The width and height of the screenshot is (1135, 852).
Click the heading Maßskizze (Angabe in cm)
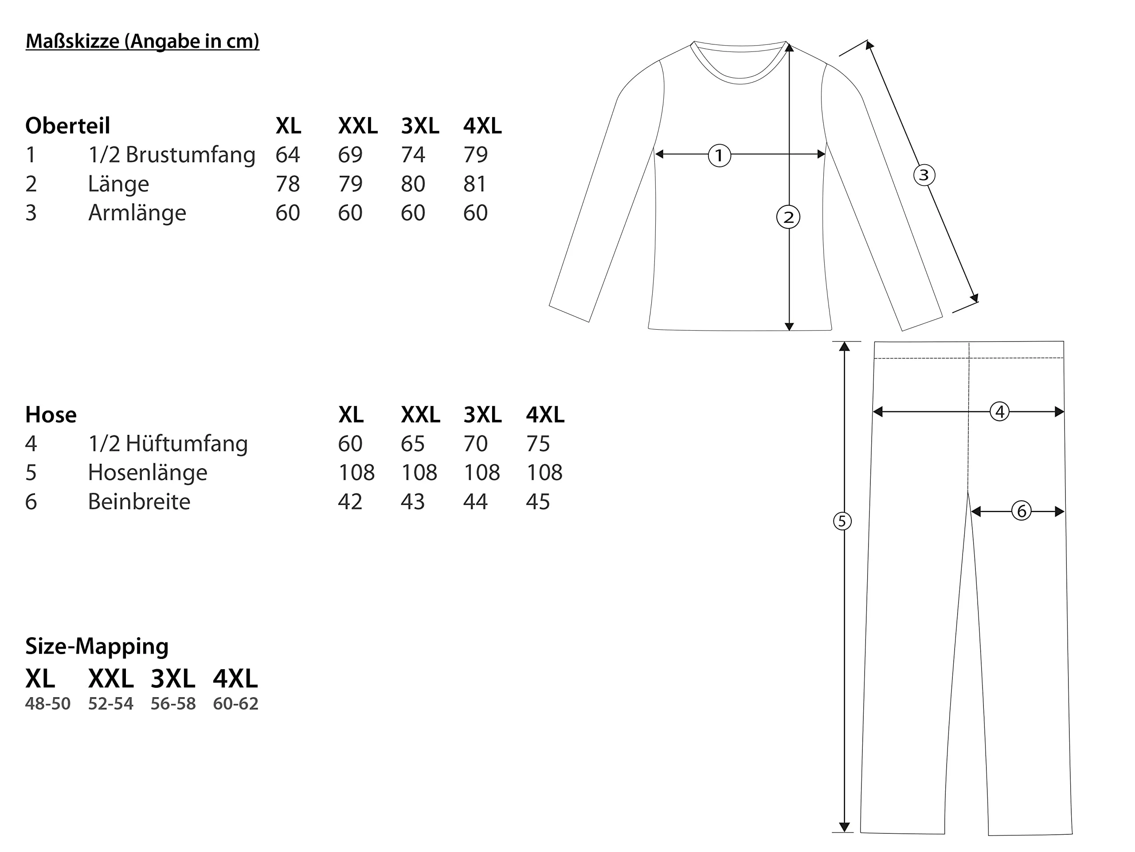pyautogui.click(x=142, y=41)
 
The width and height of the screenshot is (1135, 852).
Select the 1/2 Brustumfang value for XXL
pyautogui.click(x=350, y=154)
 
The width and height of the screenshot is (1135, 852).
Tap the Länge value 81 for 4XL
pyautogui.click(x=475, y=184)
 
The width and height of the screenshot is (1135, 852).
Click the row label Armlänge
pyautogui.click(x=137, y=213)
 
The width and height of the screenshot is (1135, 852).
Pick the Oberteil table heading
pyautogui.click(x=68, y=126)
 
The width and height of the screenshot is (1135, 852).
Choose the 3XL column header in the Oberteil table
pyautogui.click(x=420, y=126)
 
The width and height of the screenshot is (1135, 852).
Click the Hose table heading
pyautogui.click(x=51, y=414)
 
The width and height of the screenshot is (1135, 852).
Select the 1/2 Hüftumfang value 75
pyautogui.click(x=538, y=444)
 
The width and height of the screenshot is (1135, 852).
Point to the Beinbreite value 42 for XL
pyautogui.click(x=350, y=502)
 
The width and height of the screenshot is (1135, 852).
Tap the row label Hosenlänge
pyautogui.click(x=147, y=473)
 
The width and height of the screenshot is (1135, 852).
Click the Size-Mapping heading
pyautogui.click(x=97, y=646)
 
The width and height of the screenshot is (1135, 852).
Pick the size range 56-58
pyautogui.click(x=173, y=704)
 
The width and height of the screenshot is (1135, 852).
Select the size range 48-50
pyautogui.click(x=48, y=704)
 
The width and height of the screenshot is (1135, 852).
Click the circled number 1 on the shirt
pyautogui.click(x=719, y=155)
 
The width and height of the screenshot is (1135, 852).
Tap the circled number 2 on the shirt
pyautogui.click(x=788, y=217)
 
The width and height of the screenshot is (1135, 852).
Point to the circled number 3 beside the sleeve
pyautogui.click(x=924, y=175)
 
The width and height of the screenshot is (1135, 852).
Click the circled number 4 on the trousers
pyautogui.click(x=999, y=411)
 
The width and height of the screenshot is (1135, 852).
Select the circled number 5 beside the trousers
pyautogui.click(x=842, y=521)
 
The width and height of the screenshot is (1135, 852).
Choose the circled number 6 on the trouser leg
pyautogui.click(x=1021, y=511)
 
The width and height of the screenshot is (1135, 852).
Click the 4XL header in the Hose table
pyautogui.click(x=545, y=414)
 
